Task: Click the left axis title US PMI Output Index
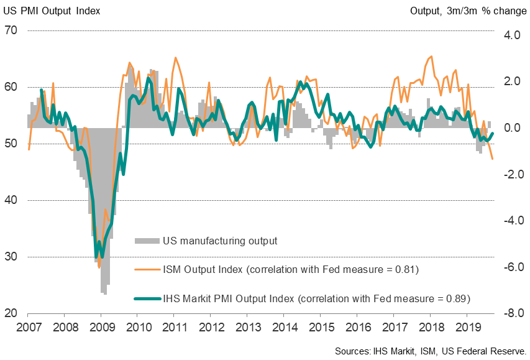52,11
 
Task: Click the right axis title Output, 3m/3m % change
468,11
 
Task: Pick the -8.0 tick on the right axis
511,313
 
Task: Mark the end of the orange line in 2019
493,159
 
